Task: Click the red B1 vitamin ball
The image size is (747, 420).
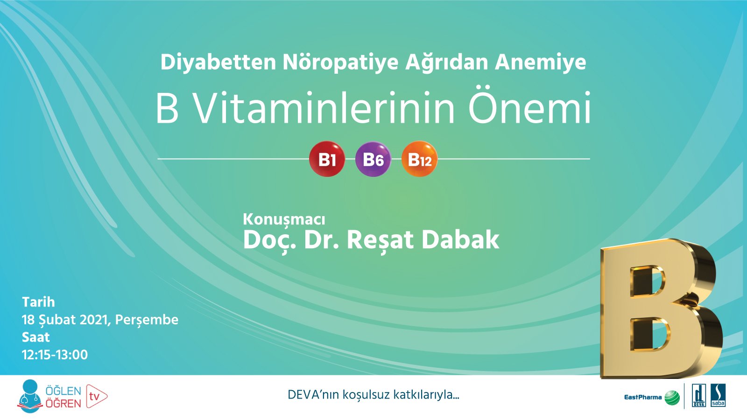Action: click(327, 159)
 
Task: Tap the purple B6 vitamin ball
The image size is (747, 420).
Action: click(373, 159)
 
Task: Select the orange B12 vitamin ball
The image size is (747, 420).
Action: click(419, 159)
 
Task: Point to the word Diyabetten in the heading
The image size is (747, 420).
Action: click(218, 62)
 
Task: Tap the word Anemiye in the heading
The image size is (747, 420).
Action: click(540, 62)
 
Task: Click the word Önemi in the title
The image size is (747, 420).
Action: click(529, 109)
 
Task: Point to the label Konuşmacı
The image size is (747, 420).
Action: click(284, 219)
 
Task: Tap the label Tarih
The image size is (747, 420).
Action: click(38, 302)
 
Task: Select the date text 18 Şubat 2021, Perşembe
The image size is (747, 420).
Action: click(100, 320)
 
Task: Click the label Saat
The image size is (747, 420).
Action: click(35, 337)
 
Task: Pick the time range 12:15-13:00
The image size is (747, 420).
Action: click(55, 355)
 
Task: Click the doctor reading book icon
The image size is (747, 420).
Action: click(30, 396)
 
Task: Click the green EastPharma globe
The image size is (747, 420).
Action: click(672, 398)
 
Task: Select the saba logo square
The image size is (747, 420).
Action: click(718, 396)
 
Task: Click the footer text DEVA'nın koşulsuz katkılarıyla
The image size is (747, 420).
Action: click(373, 395)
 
